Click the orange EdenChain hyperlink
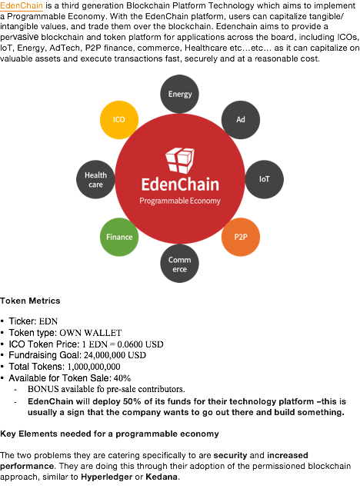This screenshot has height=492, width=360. tap(22, 5)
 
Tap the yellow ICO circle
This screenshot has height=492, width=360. tap(119, 120)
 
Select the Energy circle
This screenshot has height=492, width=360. tap(179, 94)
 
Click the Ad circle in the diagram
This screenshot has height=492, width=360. tap(241, 120)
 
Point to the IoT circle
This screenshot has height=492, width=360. tap(265, 179)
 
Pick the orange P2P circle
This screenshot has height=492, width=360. tap(241, 237)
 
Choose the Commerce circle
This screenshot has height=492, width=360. tap(179, 264)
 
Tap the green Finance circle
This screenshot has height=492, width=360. tap(119, 237)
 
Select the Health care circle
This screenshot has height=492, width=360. tap(95, 179)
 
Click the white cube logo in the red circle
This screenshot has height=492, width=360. tap(180, 161)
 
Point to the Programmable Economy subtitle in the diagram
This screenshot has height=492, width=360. tap(180, 201)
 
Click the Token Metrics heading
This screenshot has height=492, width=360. tap(30, 301)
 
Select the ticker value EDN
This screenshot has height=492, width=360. tap(48, 321)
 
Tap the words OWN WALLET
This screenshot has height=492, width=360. tap(91, 333)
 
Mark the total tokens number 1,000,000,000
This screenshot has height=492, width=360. tap(94, 367)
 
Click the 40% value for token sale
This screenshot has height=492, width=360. tap(122, 378)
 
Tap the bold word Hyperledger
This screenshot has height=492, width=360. tap(107, 477)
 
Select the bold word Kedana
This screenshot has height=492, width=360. tap(162, 477)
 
